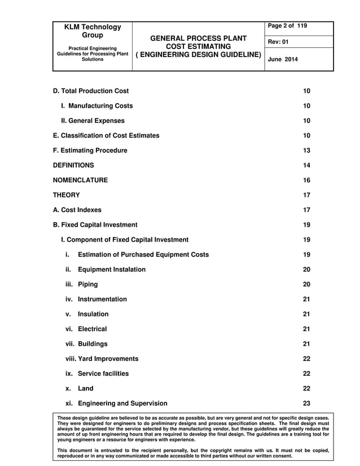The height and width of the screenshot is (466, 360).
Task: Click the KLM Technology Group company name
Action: (93, 31)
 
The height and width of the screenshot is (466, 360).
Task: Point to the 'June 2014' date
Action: (283, 59)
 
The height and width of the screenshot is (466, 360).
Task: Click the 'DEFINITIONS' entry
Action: (73, 165)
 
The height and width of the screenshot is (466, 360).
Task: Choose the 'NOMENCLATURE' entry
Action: (80, 180)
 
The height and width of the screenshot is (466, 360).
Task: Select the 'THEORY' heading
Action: (66, 195)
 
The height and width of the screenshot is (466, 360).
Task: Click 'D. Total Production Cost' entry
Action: (91, 91)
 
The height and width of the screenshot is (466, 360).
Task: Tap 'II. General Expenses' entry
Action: (93, 121)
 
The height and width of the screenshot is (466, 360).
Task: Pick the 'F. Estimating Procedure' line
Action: (90, 151)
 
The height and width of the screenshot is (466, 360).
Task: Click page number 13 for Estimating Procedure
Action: (306, 151)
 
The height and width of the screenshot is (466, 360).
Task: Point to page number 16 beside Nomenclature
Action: (306, 180)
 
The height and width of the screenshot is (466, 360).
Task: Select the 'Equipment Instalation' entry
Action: (111, 270)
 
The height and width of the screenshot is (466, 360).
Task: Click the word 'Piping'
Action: (87, 284)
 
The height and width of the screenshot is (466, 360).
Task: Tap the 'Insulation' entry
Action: (93, 314)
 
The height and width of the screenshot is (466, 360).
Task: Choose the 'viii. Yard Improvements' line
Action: (102, 359)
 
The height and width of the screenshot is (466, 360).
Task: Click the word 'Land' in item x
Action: (86, 389)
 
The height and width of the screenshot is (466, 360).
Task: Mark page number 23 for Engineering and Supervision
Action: (306, 403)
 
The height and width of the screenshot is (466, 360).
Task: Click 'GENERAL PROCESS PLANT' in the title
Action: (198, 38)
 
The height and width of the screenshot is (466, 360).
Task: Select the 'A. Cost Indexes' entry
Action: (77, 210)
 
